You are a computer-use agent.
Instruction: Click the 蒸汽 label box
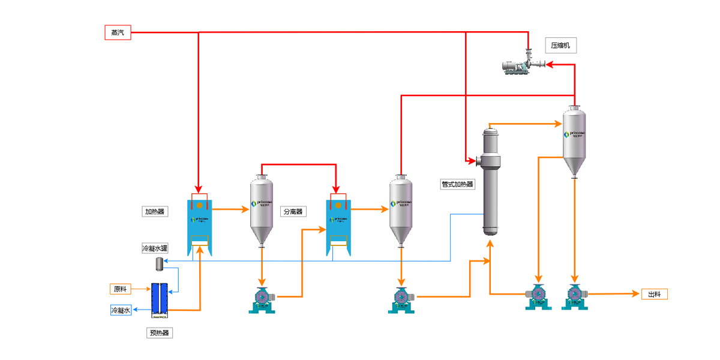tap(118, 32)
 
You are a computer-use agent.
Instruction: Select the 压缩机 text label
tap(560, 45)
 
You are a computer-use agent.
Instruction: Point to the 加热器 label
tap(154, 211)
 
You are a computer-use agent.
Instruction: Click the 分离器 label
tap(293, 211)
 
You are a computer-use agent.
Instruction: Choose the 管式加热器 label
tap(457, 184)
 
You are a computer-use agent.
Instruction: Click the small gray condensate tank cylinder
tap(160, 263)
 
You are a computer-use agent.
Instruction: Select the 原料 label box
tap(120, 289)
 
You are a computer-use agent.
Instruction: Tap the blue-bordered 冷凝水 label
tap(121, 310)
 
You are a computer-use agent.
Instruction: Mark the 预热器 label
tap(160, 332)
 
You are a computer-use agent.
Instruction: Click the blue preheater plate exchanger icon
tap(160, 298)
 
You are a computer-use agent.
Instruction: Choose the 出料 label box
tap(654, 294)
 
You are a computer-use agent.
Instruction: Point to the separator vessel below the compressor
tap(574, 141)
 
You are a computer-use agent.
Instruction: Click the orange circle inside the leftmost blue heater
tap(199, 206)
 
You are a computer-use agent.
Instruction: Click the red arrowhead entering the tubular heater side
tap(471, 161)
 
